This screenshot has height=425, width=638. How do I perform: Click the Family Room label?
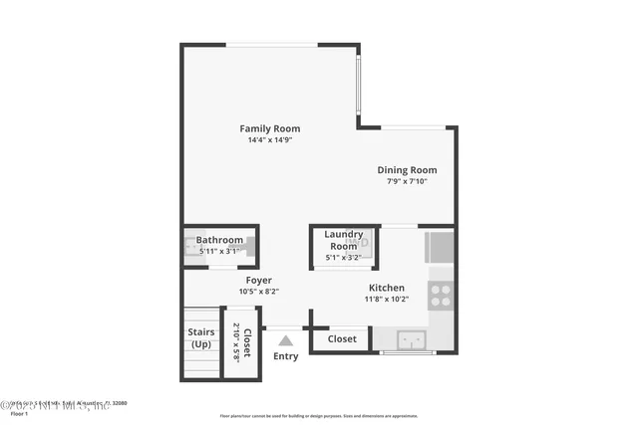tap(269, 128)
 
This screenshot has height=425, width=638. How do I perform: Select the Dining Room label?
tap(407, 170)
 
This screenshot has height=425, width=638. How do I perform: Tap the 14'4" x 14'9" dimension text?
tap(269, 140)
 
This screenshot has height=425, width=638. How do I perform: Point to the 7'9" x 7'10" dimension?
tap(407, 181)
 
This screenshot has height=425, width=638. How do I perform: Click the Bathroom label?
tap(219, 240)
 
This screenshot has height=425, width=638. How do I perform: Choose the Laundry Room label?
tap(343, 240)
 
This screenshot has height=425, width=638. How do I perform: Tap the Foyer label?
tap(258, 281)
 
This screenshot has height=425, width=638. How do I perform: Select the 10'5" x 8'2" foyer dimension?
tap(258, 292)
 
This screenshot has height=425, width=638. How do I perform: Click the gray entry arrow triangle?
tap(285, 340)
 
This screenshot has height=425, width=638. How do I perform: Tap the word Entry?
tap(285, 356)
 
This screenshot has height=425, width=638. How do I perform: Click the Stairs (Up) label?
tap(201, 338)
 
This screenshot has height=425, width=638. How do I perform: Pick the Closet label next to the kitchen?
tap(342, 339)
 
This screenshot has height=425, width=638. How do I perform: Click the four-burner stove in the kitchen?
tap(440, 294)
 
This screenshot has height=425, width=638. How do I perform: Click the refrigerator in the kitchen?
tap(440, 246)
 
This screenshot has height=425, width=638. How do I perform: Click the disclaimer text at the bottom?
tap(319, 415)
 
